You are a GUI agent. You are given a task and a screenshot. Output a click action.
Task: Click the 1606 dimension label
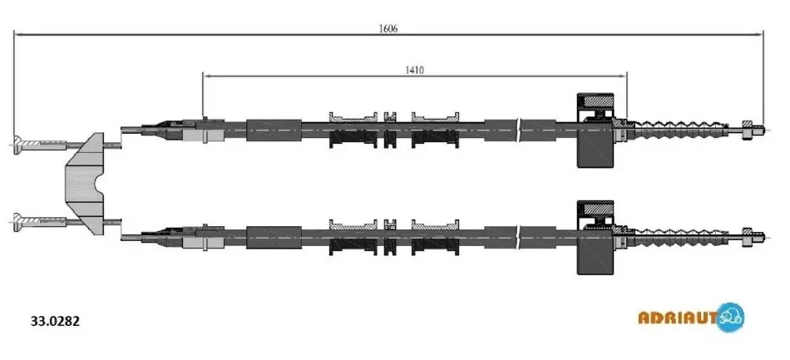388,29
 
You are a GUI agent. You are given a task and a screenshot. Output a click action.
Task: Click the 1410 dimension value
415,70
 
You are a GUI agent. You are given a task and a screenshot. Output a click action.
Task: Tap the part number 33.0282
56,321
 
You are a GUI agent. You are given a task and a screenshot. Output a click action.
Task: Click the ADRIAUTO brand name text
678,318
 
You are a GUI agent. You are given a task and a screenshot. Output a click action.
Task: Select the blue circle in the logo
730,318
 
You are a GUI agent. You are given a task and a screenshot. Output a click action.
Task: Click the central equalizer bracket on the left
85,183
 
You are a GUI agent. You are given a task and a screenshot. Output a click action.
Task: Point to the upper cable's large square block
595,130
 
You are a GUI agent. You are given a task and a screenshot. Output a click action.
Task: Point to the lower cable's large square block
595,238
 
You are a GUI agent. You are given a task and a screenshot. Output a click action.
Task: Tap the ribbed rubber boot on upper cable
684,130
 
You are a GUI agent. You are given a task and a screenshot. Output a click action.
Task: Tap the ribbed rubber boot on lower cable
684,237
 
